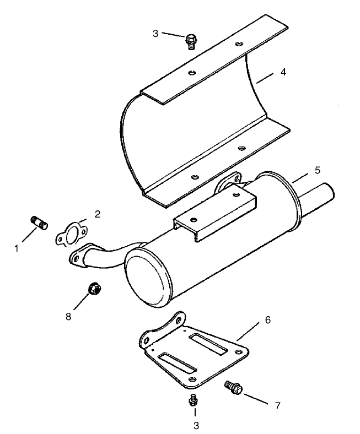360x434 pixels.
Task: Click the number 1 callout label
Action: tap(17, 248)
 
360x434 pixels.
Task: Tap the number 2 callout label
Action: tap(97, 214)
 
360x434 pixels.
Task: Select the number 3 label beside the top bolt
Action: tap(155, 34)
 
